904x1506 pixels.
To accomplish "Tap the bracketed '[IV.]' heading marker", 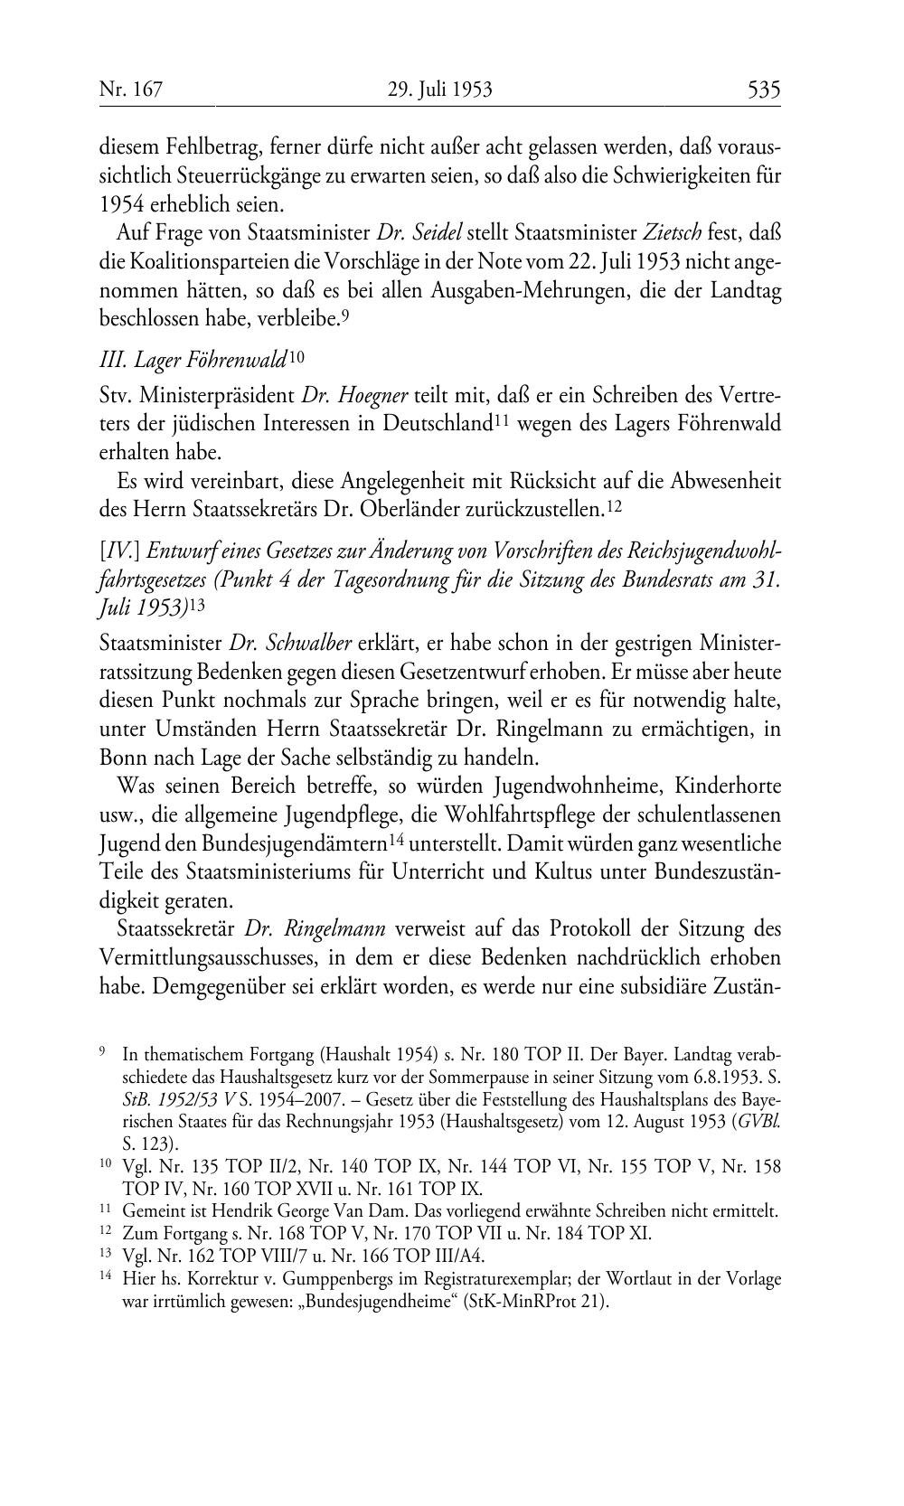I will pyautogui.click(x=118, y=552).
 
